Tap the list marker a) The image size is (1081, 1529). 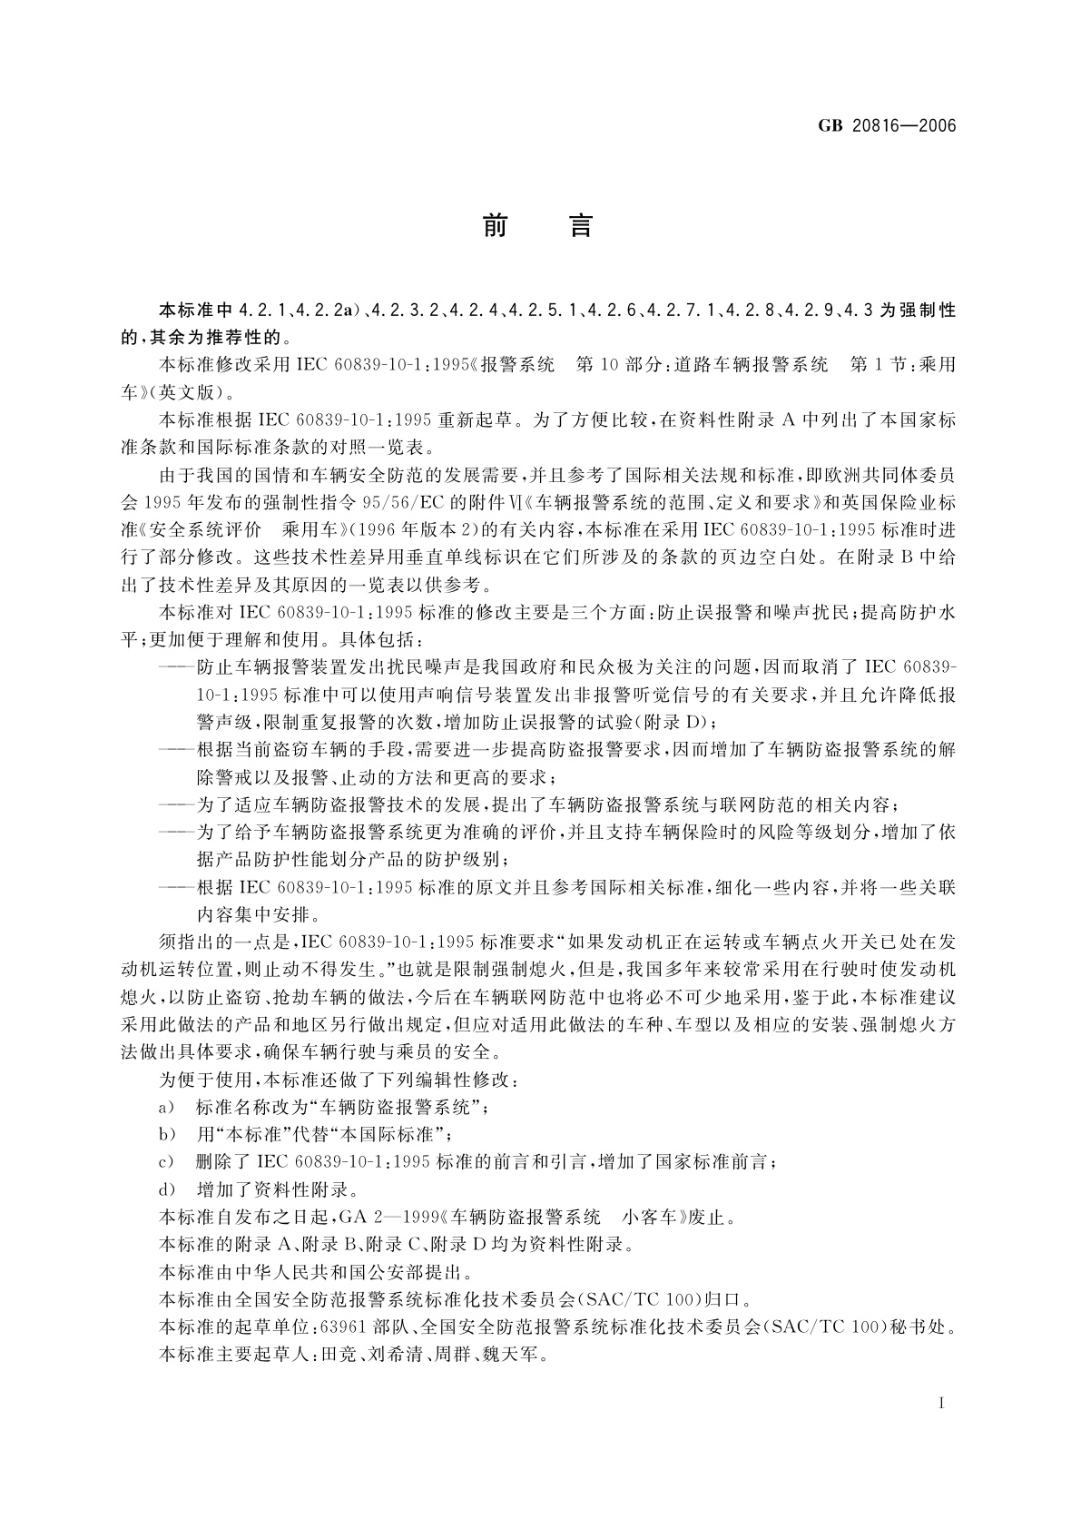[x=165, y=1108]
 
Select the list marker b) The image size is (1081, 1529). [x=165, y=1135]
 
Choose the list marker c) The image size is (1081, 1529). [x=165, y=1162]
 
